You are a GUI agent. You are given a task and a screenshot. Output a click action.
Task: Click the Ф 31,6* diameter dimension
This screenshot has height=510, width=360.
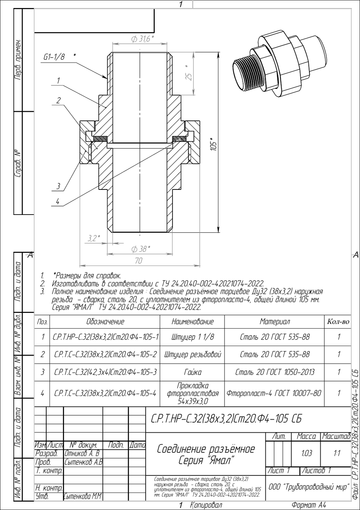142,39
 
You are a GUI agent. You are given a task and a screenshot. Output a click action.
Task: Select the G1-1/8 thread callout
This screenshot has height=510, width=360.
54,57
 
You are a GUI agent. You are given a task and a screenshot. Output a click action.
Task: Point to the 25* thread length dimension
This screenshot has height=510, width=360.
189,73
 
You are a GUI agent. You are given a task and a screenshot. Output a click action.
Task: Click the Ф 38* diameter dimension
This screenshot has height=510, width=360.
141,249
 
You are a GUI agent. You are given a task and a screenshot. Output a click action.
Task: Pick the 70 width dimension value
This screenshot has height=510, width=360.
139,260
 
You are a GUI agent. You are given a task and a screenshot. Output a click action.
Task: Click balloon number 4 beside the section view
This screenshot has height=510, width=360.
58,201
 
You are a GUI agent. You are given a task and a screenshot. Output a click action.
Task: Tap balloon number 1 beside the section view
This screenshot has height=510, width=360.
58,81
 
